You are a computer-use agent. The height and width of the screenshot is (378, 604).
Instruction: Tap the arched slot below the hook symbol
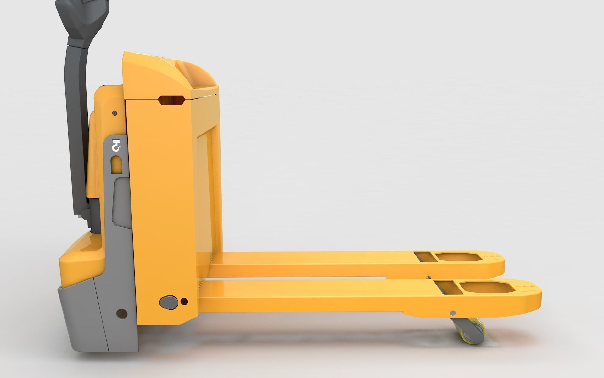coord(116,164)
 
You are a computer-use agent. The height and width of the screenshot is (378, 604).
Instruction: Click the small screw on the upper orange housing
coord(114,112)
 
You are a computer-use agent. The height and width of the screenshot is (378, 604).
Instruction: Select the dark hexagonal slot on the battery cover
coord(171,100)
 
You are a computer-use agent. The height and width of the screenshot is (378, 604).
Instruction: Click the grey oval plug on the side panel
coord(169,301)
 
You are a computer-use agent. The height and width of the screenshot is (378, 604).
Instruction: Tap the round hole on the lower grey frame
coord(121,313)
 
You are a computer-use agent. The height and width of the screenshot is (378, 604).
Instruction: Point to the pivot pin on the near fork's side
coord(453,312)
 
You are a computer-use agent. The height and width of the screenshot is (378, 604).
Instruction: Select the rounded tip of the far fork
coord(500,265)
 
